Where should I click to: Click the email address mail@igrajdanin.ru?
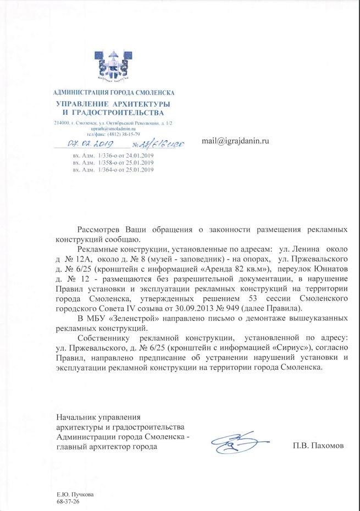[x=235, y=141]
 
